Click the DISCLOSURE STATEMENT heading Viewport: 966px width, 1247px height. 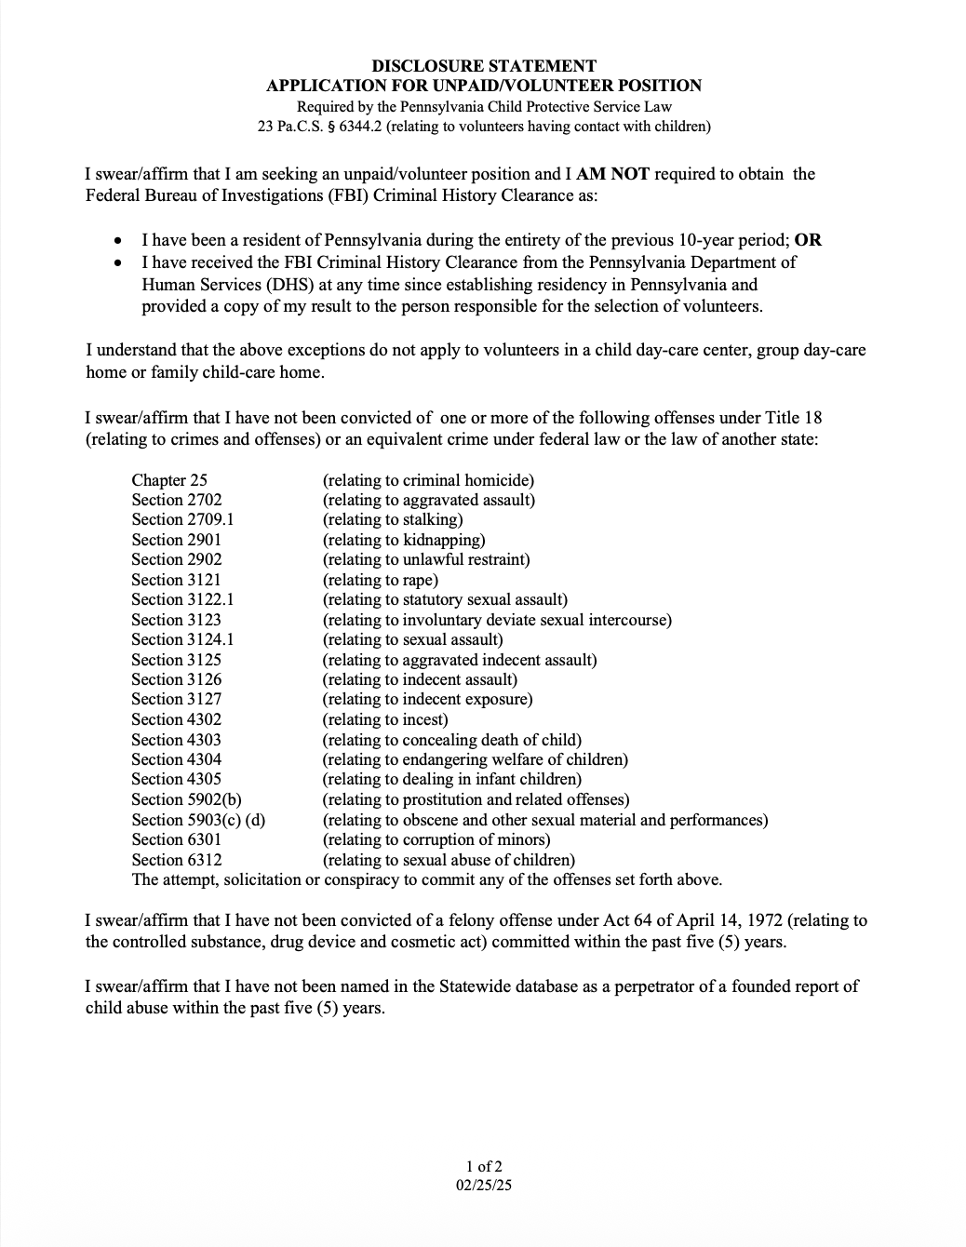[x=484, y=66]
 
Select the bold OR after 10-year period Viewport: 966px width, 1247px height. [x=808, y=240]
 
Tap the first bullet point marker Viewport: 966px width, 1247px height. [x=117, y=241]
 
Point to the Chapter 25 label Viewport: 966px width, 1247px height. [x=169, y=480]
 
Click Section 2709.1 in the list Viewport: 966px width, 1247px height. [x=182, y=519]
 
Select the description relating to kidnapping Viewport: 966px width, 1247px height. [x=404, y=540]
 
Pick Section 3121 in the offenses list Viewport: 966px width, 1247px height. [x=177, y=580]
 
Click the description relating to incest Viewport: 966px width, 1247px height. [x=385, y=719]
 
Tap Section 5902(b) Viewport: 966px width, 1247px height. [x=187, y=799]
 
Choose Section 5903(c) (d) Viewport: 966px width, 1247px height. [x=198, y=820]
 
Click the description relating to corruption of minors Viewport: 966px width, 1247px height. [x=436, y=839]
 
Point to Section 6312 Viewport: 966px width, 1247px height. [x=177, y=860]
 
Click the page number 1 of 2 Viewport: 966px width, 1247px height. [x=484, y=1166]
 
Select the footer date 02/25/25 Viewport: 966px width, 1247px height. [x=484, y=1186]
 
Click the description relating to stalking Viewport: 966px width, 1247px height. [x=393, y=519]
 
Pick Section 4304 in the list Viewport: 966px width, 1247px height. [x=177, y=759]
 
